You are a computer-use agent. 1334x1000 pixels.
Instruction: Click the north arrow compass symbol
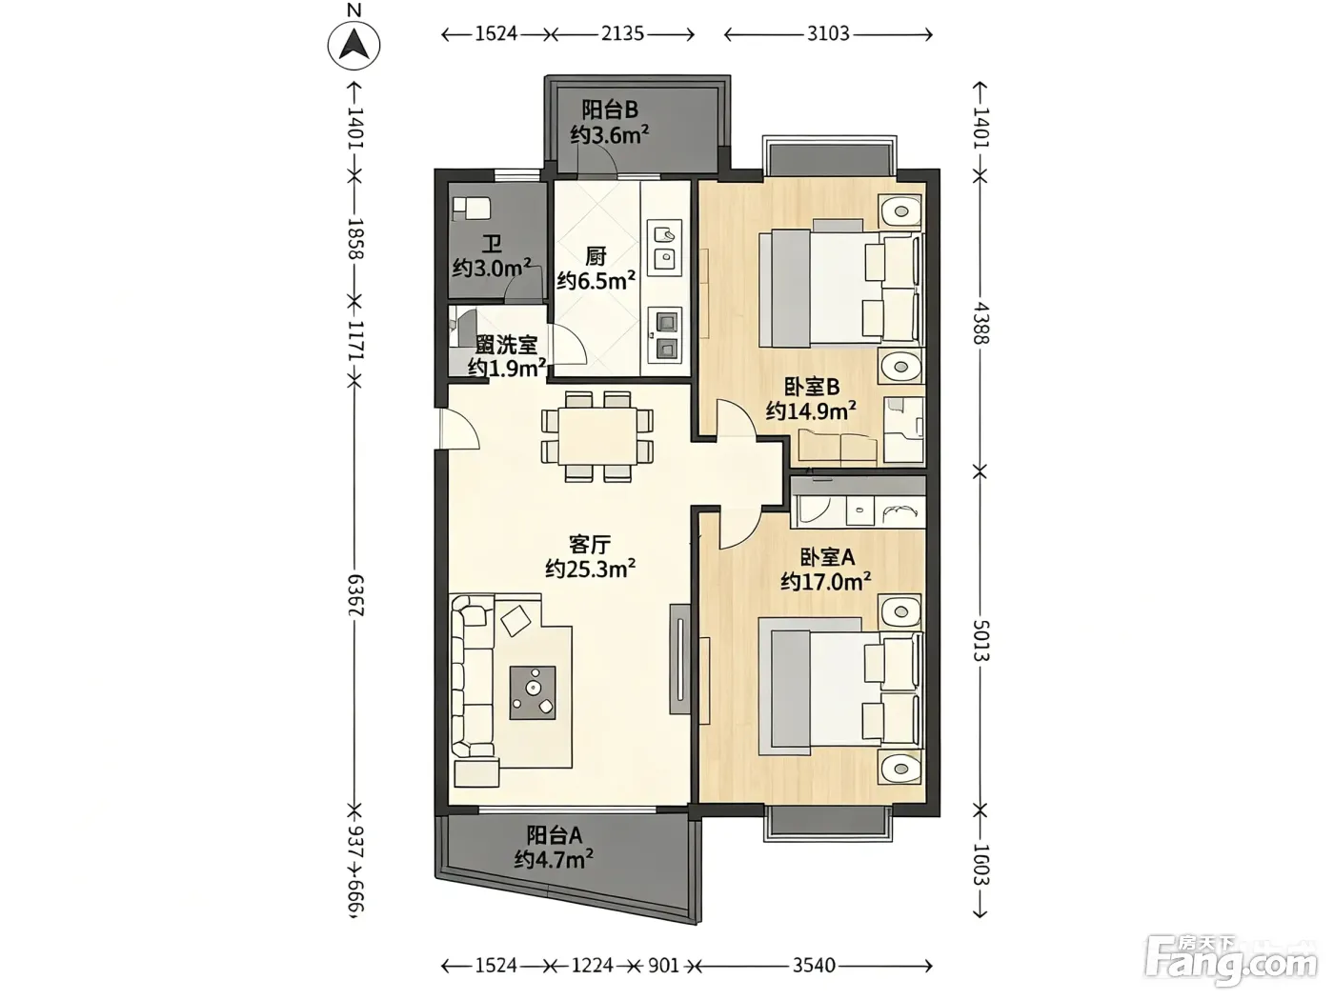(354, 45)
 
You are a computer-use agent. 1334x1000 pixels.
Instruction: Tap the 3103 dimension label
(828, 33)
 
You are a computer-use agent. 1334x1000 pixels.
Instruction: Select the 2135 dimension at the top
(622, 33)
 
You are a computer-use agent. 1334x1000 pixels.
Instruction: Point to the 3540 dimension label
(814, 965)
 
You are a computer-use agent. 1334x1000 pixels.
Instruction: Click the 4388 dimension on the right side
(980, 323)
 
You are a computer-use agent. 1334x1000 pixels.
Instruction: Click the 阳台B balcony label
(610, 110)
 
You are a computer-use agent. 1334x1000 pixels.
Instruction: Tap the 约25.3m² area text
(590, 569)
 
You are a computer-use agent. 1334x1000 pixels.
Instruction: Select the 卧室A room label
(826, 556)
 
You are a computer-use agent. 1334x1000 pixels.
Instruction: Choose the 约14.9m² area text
(811, 411)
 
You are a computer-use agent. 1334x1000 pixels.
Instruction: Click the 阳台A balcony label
(555, 835)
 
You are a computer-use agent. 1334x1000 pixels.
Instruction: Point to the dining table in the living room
(597, 436)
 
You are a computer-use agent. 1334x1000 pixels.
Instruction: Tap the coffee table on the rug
(533, 692)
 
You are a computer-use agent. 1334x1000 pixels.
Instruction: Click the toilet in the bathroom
(472, 209)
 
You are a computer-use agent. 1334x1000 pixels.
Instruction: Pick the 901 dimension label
(663, 965)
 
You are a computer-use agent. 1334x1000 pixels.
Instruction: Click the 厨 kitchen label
(596, 256)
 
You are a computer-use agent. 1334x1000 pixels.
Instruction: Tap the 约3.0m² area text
(492, 268)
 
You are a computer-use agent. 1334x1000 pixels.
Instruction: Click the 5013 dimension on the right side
(980, 640)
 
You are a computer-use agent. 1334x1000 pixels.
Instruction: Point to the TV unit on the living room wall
(680, 658)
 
